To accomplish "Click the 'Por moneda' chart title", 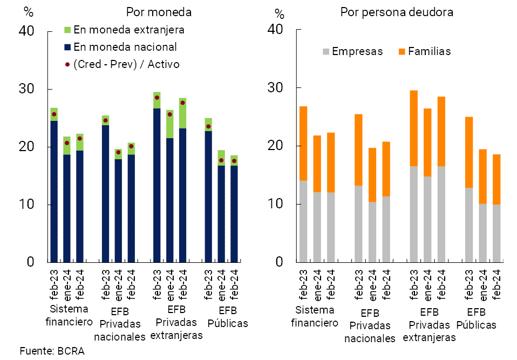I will tap(159, 12).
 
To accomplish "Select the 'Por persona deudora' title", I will tap(397, 12).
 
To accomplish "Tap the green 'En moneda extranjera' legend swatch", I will tap(67, 29).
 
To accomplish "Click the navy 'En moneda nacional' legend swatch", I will tap(67, 47).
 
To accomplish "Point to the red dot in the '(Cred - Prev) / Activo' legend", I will tap(67, 65).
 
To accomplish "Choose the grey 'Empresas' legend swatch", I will tap(326, 52).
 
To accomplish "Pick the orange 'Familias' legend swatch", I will tap(402, 52).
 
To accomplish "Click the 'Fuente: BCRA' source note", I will tap(52, 351).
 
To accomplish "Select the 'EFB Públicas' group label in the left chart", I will tap(227, 317).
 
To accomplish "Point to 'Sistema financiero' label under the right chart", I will tap(314, 316).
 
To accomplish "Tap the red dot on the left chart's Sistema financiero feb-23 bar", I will tap(54, 114).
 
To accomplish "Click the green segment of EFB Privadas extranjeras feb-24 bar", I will tap(182, 113).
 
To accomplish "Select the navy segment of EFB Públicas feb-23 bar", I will tap(208, 196).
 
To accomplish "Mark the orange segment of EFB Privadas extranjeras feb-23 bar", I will tap(414, 128).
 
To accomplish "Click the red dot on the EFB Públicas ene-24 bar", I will tap(221, 160).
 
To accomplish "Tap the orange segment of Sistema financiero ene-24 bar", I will tap(317, 164).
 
